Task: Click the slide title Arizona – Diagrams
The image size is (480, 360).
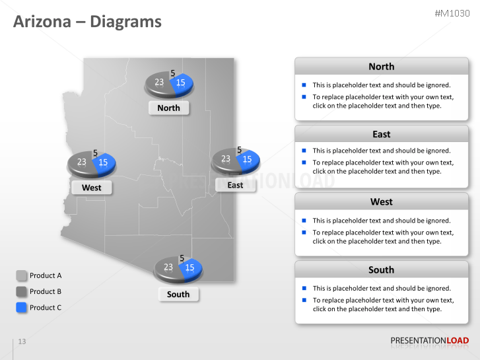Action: click(87, 22)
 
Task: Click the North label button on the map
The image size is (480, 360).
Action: click(168, 108)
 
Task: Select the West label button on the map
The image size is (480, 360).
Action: click(91, 188)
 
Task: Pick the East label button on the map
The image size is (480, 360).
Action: click(235, 185)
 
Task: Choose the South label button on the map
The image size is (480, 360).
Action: click(178, 294)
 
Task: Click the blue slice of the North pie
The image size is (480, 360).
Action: click(183, 83)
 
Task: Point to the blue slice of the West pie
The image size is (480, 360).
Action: click(105, 162)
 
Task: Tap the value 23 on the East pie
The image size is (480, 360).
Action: click(226, 159)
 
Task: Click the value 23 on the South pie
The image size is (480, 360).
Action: click(168, 268)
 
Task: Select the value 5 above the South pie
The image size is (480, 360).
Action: click(182, 258)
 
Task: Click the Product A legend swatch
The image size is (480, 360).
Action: click(21, 275)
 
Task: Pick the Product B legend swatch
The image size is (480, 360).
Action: click(21, 291)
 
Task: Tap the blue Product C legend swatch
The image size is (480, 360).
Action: click(21, 307)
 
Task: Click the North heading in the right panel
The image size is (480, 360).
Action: click(381, 67)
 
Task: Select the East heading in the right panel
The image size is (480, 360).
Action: click(381, 134)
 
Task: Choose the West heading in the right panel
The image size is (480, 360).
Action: click(381, 201)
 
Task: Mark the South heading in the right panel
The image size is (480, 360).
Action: click(381, 270)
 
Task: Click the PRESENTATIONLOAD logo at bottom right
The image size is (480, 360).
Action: click(429, 341)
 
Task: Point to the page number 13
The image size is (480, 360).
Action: click(22, 342)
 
